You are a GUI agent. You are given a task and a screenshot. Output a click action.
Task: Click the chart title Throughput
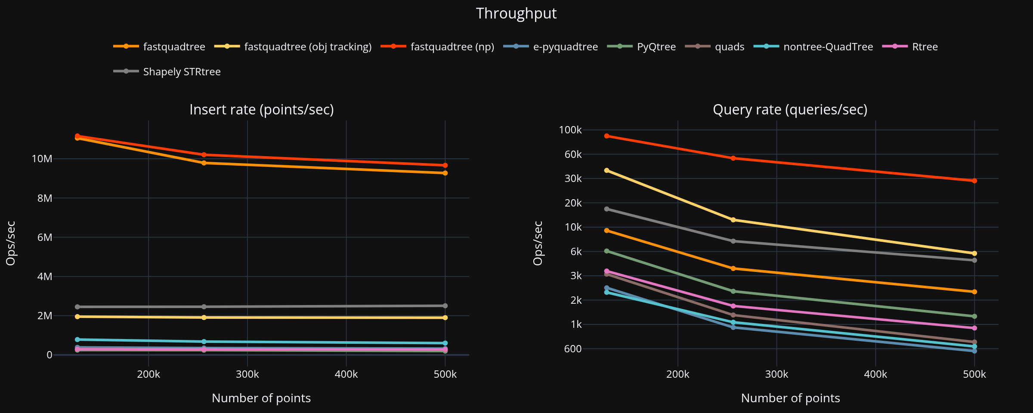click(516, 13)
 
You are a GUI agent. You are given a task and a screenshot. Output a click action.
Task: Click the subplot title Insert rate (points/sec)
click(262, 110)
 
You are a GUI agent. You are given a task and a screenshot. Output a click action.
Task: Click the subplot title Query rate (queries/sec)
click(790, 110)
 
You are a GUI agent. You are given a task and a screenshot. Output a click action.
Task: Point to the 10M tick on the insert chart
click(42, 159)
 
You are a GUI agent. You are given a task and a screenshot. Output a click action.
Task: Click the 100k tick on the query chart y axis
click(570, 130)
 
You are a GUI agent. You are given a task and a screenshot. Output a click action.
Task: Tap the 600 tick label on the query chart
click(572, 349)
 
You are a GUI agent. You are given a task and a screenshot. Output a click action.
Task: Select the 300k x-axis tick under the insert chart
click(247, 374)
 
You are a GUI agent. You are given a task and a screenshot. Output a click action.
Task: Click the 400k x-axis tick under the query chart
click(875, 374)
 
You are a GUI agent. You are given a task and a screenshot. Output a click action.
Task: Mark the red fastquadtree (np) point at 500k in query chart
click(974, 181)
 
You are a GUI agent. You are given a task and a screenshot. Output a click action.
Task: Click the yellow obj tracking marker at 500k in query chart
click(974, 253)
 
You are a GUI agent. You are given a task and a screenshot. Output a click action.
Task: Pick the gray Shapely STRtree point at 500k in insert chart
click(445, 306)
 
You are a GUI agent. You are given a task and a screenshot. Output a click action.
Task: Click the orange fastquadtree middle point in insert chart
click(204, 163)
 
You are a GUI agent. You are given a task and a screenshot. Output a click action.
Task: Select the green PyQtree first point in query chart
click(607, 251)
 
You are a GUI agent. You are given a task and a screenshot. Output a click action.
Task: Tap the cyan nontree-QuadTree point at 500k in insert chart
click(445, 343)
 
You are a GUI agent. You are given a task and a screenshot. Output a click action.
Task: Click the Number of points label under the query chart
click(790, 398)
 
